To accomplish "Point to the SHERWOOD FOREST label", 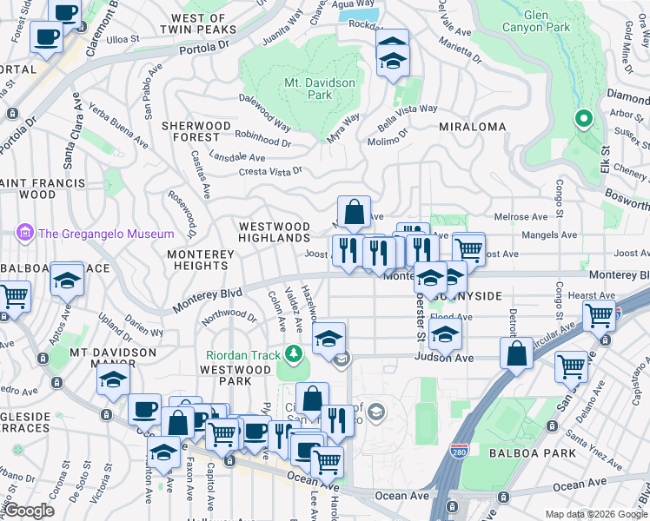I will pos(196,131).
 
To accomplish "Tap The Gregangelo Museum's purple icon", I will pos(23,233).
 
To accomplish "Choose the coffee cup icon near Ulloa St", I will pos(46,36).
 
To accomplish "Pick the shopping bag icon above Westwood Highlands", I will pos(354,210).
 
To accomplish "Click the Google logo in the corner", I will pos(29,511).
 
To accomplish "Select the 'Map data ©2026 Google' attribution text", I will pos(596,514).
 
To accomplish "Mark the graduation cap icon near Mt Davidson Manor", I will pos(114,379).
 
